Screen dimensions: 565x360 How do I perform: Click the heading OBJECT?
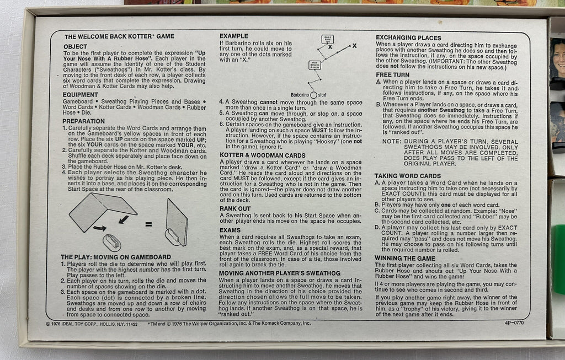(x=75, y=46)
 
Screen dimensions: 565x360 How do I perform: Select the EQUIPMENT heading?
(x=81, y=95)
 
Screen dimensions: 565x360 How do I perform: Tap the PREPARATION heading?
(x=84, y=121)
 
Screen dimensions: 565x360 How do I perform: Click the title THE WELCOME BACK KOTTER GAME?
(x=119, y=36)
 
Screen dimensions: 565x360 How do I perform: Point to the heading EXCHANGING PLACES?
(x=408, y=38)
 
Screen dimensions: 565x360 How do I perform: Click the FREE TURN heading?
(x=392, y=75)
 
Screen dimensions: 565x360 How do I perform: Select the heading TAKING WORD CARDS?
(x=408, y=176)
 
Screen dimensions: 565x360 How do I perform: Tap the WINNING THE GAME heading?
(x=404, y=258)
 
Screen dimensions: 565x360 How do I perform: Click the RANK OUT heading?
(x=235, y=208)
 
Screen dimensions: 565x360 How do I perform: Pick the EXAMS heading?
(x=230, y=230)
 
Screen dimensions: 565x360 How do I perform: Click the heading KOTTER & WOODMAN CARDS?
(x=263, y=155)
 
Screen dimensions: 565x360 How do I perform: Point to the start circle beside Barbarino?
(x=313, y=95)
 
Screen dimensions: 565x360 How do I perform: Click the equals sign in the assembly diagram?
(x=148, y=224)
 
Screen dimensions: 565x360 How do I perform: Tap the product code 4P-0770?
(x=514, y=323)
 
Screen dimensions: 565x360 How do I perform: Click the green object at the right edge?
(x=559, y=260)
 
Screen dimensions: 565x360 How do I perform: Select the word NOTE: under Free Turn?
(x=391, y=142)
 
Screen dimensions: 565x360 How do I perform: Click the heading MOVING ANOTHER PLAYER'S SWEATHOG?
(x=280, y=273)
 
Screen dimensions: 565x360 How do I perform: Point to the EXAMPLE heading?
(x=234, y=36)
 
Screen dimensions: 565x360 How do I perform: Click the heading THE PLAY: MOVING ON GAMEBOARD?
(x=116, y=257)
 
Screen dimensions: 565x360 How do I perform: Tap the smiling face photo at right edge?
(x=558, y=57)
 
